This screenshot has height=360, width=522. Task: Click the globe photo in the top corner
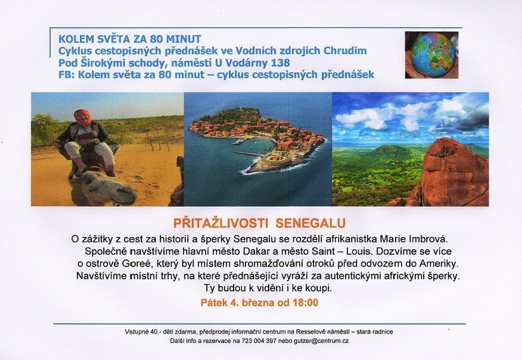(431, 55)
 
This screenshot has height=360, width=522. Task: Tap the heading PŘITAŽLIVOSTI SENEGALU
(260, 223)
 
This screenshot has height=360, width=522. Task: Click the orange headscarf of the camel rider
(82, 115)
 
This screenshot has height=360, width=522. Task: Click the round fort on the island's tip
(269, 161)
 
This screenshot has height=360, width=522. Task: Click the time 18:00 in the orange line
(305, 303)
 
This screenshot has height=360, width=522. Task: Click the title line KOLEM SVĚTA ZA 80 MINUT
(130, 39)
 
